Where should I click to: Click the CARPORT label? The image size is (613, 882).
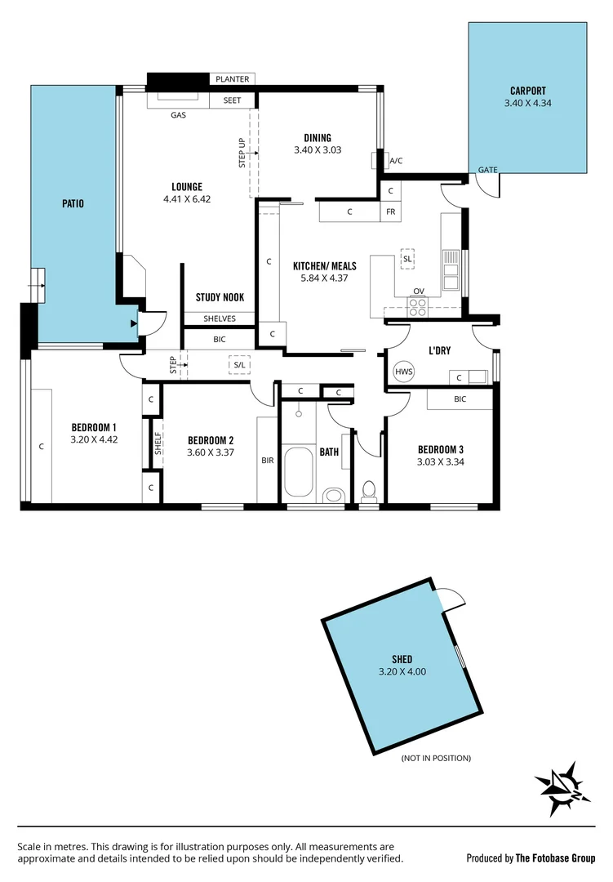(x=527, y=91)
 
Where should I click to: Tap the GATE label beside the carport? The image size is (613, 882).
(x=487, y=170)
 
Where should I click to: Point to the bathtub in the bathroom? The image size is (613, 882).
(x=299, y=471)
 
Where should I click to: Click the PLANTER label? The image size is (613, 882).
(x=233, y=79)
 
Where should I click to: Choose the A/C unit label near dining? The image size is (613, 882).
(x=396, y=161)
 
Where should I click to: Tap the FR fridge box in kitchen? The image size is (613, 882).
(x=391, y=212)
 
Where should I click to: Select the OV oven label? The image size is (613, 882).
(x=419, y=291)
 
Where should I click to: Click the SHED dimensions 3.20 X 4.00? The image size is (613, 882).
(x=402, y=672)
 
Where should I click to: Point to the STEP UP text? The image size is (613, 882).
(x=242, y=153)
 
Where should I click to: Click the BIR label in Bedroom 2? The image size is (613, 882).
(x=267, y=461)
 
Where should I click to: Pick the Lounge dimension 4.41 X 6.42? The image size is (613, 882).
(x=187, y=198)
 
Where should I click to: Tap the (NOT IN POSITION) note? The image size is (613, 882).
(x=436, y=758)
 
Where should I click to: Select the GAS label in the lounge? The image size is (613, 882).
(x=178, y=115)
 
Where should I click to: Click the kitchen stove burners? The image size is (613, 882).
(x=418, y=306)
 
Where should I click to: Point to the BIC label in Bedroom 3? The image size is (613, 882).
(x=460, y=399)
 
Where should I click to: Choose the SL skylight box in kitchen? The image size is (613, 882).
(x=407, y=259)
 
